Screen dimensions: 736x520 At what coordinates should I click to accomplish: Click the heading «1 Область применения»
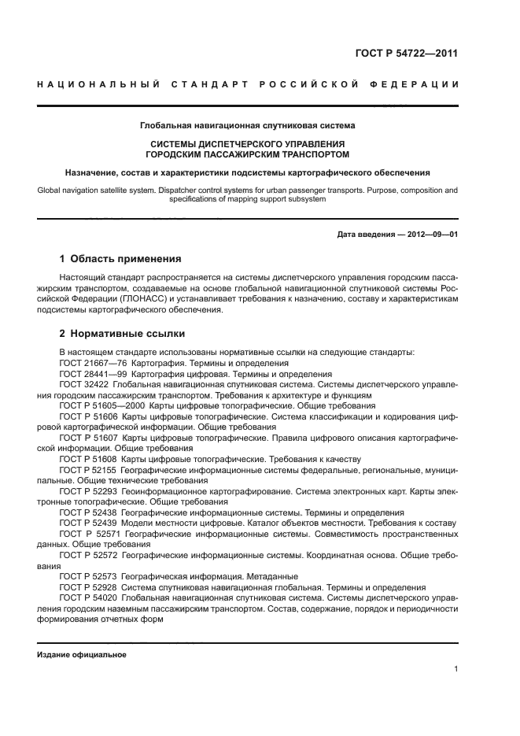121,258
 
